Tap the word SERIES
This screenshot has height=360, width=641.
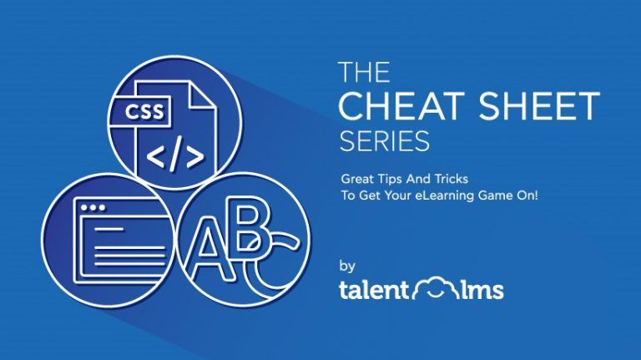pyautogui.click(x=384, y=141)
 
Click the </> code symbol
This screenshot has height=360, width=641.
pyautogui.click(x=174, y=156)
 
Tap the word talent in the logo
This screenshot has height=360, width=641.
pyautogui.click(x=375, y=290)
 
